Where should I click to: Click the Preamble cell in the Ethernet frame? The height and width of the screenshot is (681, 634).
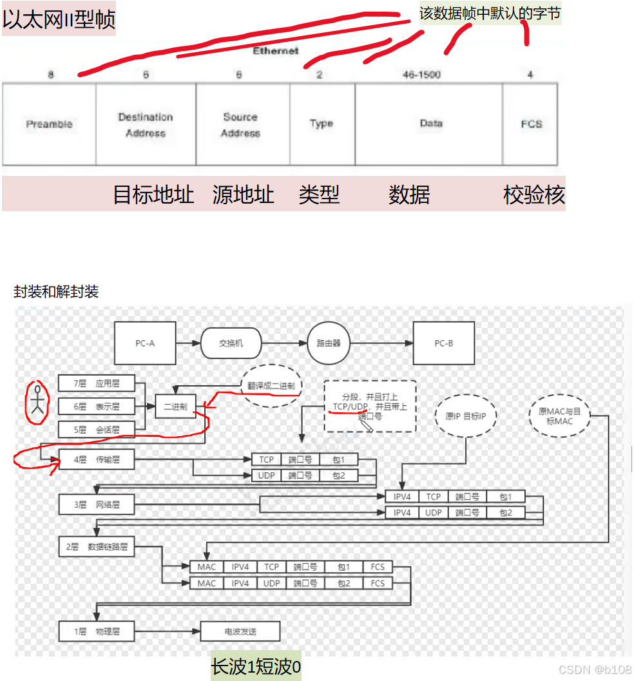49,124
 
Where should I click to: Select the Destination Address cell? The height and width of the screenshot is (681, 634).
146,124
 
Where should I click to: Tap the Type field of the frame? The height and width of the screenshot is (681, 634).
321,124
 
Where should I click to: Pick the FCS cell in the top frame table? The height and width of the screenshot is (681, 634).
531,124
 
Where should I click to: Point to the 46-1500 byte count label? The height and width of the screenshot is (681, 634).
421,75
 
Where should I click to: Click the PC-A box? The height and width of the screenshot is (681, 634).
145,343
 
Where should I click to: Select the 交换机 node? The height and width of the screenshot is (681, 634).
231,343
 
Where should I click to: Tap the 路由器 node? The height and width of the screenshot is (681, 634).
328,343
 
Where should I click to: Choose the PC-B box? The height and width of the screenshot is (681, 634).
443,343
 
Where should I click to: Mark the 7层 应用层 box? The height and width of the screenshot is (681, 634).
97,383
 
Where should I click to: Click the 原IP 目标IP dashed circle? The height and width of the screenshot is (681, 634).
465,416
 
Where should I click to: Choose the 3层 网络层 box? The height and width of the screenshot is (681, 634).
97,505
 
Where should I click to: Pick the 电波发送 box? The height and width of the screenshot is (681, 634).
240,631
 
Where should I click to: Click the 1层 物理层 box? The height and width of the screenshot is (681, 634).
97,631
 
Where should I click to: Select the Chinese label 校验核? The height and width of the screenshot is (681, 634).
534,195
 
